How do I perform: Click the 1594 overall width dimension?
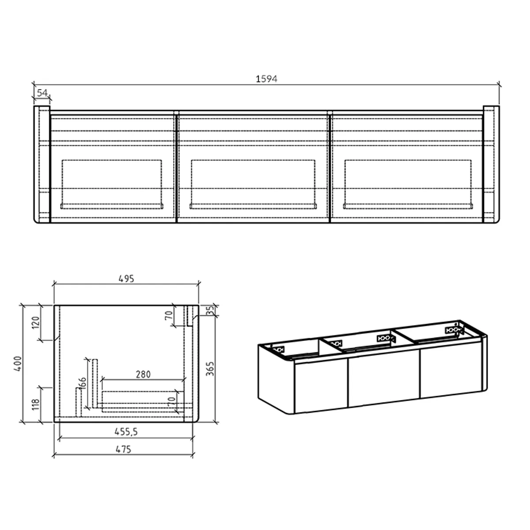[x=266, y=79]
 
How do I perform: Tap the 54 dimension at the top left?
[x=42, y=93]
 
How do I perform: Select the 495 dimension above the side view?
[x=126, y=279]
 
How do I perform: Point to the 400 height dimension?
[x=17, y=363]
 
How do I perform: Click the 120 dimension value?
[x=36, y=323]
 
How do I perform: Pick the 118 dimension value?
[x=36, y=405]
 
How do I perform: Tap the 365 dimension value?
[x=210, y=369]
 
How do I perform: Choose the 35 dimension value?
[x=210, y=310]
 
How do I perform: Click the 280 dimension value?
[x=143, y=375]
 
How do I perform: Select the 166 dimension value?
[x=83, y=384]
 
